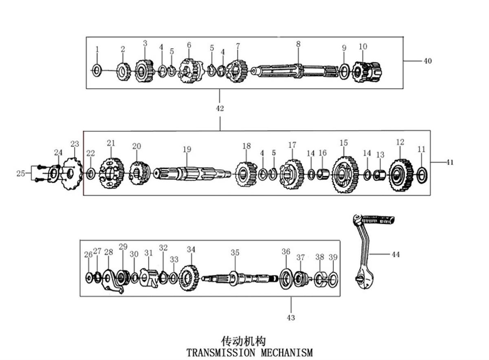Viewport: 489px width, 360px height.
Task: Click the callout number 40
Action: pos(427,61)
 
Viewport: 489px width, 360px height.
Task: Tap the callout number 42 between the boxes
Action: pos(220,108)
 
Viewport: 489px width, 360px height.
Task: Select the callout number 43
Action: pos(291,318)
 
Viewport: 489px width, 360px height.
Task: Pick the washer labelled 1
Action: pos(97,70)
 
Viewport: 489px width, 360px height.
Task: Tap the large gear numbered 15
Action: pos(345,174)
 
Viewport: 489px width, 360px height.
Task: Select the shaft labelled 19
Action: pos(192,174)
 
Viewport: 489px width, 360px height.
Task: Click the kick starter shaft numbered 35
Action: pos(240,279)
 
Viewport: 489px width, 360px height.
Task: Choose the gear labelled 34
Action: pos(189,278)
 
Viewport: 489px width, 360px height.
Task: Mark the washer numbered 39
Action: pos(333,279)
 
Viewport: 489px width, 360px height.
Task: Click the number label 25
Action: pos(21,173)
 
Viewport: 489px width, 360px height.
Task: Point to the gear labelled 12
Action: pos(401,175)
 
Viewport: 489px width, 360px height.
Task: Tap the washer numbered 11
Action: pos(422,175)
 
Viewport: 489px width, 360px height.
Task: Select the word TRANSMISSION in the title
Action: pos(220,352)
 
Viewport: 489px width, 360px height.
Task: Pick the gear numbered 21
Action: pos(112,173)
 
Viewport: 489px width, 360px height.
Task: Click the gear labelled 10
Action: pos(367,72)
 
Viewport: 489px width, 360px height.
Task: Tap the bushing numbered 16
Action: pos(323,174)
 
